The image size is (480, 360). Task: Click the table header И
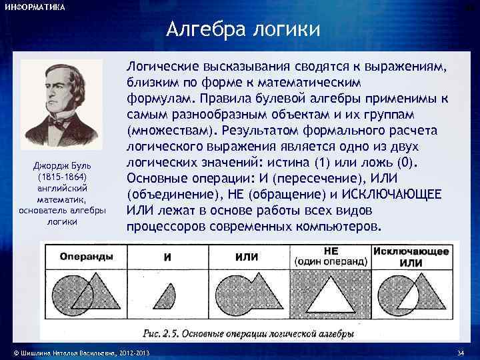(167, 257)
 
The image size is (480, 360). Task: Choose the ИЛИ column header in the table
(247, 257)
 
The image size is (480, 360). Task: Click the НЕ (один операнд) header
(331, 256)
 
